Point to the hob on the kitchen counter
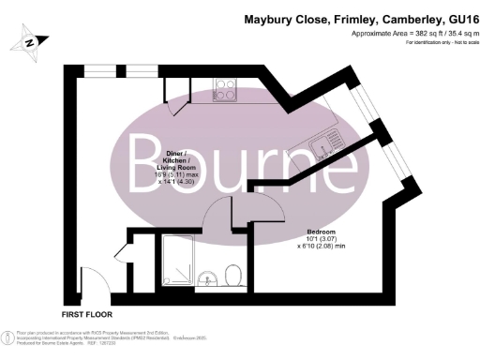tap(227, 90)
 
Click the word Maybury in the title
tap(271, 18)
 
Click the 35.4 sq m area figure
tap(454, 34)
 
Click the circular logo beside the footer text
tap(7, 334)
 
